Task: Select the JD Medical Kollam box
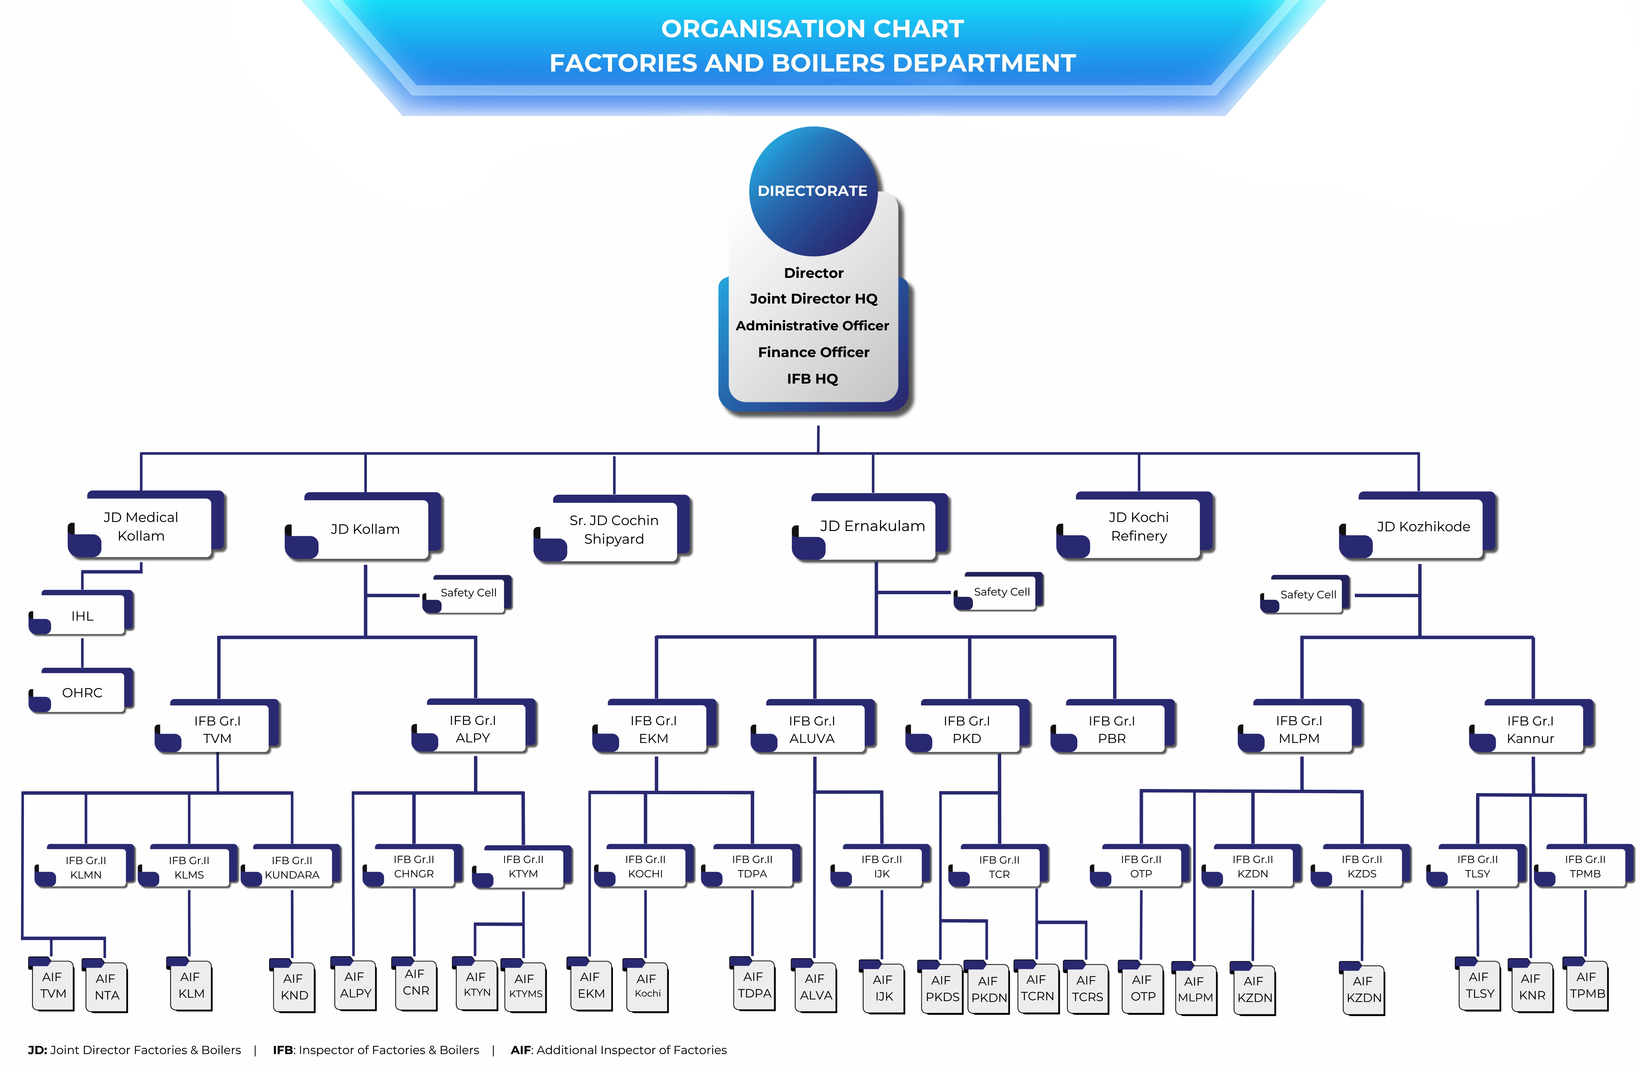pos(141,526)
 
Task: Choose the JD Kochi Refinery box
pos(1138,526)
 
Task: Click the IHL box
pos(82,616)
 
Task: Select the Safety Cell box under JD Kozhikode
pos(1307,594)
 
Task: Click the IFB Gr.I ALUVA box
pos(812,729)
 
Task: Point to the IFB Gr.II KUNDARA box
pos(292,867)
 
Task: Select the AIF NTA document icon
pos(106,987)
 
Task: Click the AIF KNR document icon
pos(1531,987)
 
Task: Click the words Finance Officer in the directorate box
pos(813,352)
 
